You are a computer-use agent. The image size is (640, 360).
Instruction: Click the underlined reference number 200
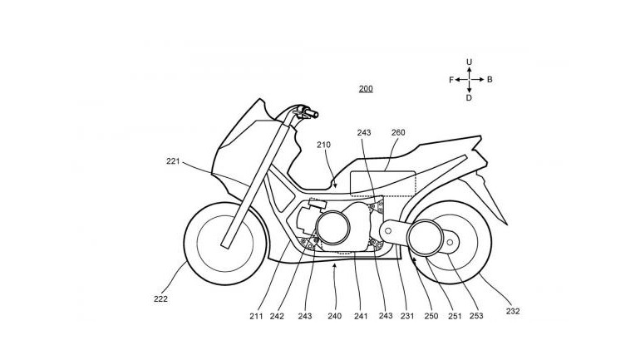(x=366, y=88)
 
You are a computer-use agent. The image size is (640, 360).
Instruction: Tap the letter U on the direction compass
(x=469, y=62)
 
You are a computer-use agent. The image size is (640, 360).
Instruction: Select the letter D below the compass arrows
(x=469, y=98)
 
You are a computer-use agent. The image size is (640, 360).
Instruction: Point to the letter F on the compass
(x=450, y=80)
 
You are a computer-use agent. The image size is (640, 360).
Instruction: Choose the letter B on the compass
(x=490, y=80)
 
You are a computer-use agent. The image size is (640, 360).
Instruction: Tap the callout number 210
(x=323, y=145)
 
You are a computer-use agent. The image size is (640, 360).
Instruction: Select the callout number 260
(x=398, y=131)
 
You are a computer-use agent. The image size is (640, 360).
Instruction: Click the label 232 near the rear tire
(x=513, y=312)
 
